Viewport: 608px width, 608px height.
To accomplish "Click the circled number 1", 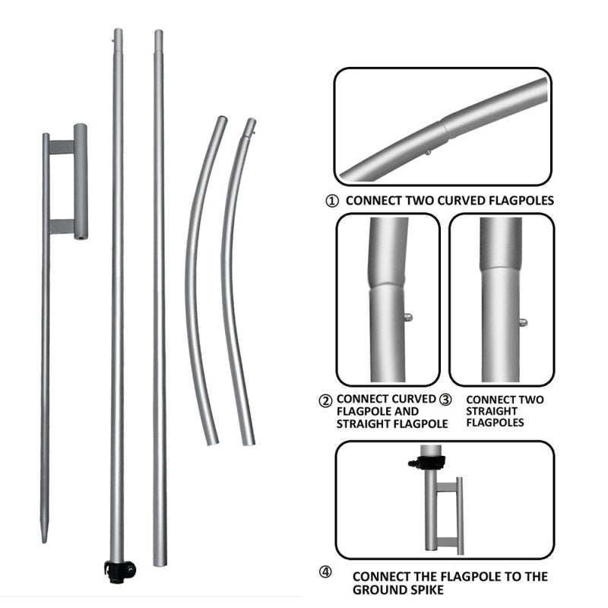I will pos(331,201).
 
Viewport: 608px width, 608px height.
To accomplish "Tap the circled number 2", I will pos(325,400).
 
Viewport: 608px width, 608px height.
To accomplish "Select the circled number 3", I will pos(446,398).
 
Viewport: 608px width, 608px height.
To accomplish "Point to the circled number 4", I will pos(325,572).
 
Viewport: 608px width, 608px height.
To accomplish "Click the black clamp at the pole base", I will pos(119,568).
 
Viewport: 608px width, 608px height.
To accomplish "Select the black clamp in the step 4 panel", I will pos(420,461).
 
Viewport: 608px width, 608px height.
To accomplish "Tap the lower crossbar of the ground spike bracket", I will pos(62,226).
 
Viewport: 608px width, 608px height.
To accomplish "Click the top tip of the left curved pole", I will pos(221,119).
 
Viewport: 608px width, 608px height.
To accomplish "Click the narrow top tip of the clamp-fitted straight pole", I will pos(118,34).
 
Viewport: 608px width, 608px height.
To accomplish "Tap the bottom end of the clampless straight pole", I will pos(160,562).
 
